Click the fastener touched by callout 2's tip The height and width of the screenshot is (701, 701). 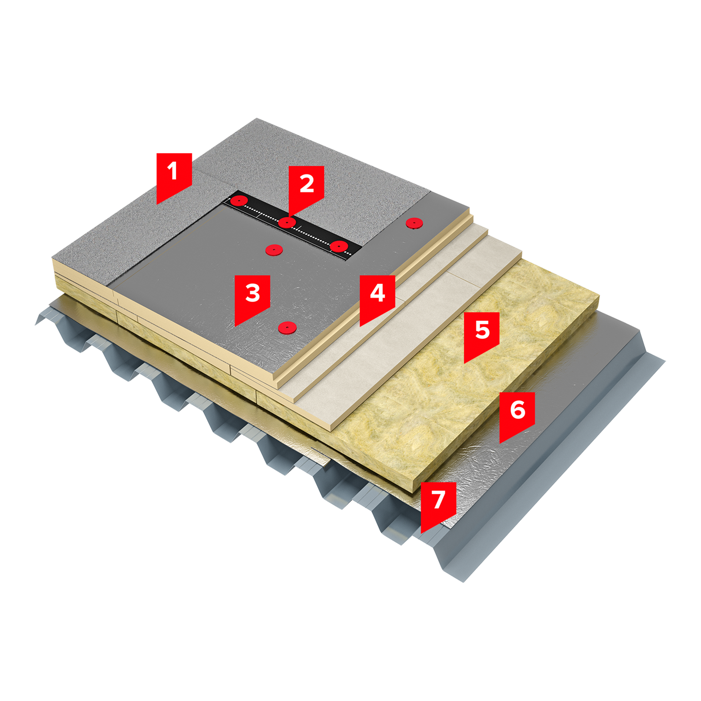pos(287,223)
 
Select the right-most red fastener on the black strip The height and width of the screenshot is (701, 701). pos(339,246)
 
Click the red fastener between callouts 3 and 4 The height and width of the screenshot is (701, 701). pos(287,328)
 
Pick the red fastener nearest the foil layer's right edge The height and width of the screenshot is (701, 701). pos(414,223)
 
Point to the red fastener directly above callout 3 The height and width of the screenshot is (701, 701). pos(274,250)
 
